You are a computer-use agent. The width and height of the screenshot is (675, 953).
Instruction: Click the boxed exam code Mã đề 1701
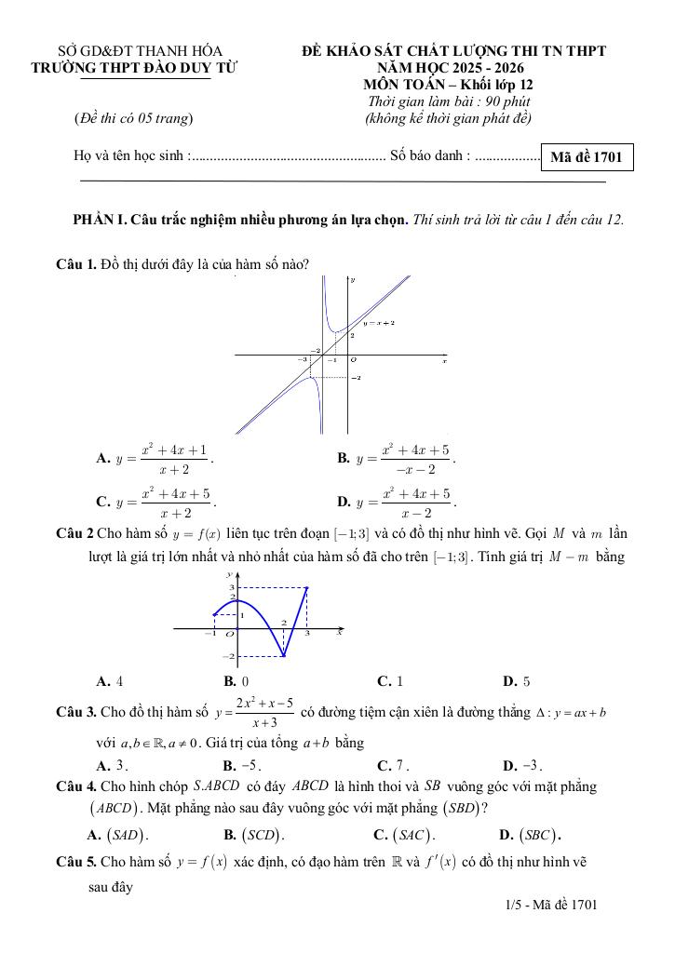586,158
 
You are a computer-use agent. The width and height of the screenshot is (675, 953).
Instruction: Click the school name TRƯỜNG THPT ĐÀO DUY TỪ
134,68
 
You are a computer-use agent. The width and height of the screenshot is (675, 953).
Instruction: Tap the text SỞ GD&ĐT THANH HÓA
141,51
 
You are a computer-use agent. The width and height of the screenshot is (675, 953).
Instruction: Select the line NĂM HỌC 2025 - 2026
450,68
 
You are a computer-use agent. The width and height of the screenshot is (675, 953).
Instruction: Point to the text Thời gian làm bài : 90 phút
450,101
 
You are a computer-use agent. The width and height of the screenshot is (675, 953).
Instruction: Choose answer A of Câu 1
155,458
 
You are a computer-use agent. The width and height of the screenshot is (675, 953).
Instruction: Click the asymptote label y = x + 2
379,322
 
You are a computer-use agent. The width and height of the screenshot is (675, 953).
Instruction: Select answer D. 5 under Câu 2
516,681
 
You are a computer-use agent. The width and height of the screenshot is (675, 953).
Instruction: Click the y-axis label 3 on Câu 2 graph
232,587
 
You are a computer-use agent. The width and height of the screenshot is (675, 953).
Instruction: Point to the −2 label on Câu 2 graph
226,656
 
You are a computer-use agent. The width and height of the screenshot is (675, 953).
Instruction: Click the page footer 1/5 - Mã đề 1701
547,904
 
